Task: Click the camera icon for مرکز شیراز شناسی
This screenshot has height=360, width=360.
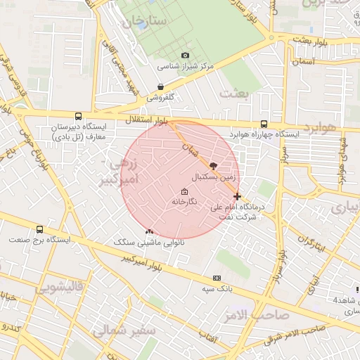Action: (x=185, y=56)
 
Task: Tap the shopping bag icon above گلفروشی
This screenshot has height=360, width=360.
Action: (x=161, y=88)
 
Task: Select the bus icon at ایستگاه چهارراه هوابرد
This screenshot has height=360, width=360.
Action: (x=264, y=122)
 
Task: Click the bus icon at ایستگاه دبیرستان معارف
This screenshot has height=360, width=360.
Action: (x=77, y=116)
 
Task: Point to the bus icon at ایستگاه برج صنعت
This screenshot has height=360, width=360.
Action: (x=39, y=229)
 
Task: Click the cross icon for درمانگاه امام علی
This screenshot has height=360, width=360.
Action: (x=237, y=196)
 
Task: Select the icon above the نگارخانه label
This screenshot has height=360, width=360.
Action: (x=185, y=191)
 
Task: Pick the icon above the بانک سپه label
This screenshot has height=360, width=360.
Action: (x=217, y=278)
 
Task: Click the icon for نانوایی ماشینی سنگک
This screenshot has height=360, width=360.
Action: (x=148, y=231)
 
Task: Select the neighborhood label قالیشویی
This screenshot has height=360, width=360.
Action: (x=60, y=287)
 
